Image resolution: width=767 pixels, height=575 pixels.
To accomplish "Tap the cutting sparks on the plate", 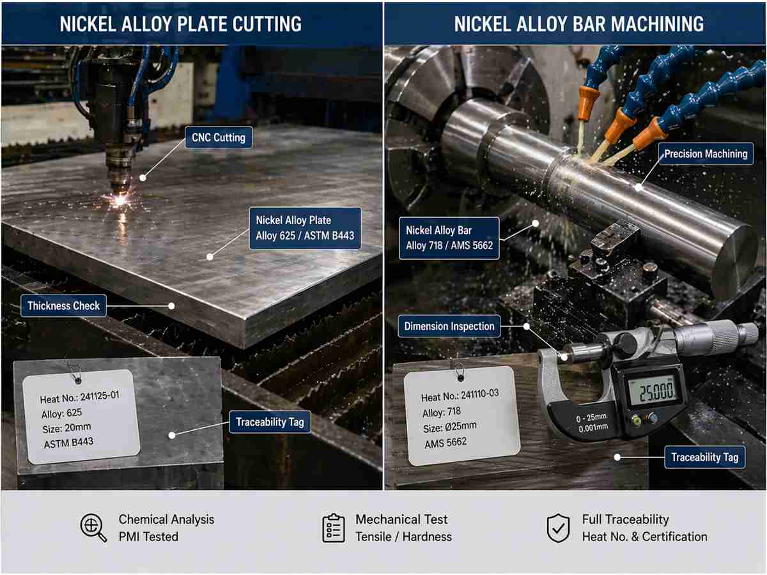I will tap(120, 201).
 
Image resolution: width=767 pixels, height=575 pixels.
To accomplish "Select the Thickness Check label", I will tap(63, 306).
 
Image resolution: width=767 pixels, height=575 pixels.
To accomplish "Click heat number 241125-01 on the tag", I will tap(80, 397).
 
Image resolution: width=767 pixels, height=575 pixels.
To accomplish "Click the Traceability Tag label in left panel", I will tap(270, 422).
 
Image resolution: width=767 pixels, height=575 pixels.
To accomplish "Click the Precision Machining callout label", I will tap(706, 154).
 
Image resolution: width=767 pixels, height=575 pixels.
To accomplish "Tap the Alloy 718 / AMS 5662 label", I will tap(449, 238).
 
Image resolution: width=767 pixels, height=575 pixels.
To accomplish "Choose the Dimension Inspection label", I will tap(449, 326).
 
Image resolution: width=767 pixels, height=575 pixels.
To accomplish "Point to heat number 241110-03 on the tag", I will tap(460, 396).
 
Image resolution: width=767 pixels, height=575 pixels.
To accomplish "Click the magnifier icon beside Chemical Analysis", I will tap(93, 528).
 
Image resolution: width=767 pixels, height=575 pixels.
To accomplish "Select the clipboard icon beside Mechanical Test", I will tap(333, 528).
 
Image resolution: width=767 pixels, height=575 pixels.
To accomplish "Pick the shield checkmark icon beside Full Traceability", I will tap(558, 528).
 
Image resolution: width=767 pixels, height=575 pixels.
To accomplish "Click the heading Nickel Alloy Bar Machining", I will tap(578, 24).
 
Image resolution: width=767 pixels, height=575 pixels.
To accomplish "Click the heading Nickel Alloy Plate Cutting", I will tap(180, 24).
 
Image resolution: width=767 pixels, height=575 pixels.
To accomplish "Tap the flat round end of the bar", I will tap(734, 261).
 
